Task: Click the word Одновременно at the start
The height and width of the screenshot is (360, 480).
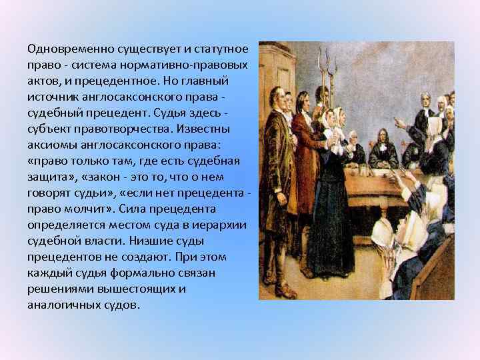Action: click(x=65, y=49)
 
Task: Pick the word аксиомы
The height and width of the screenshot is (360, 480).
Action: click(x=51, y=144)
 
